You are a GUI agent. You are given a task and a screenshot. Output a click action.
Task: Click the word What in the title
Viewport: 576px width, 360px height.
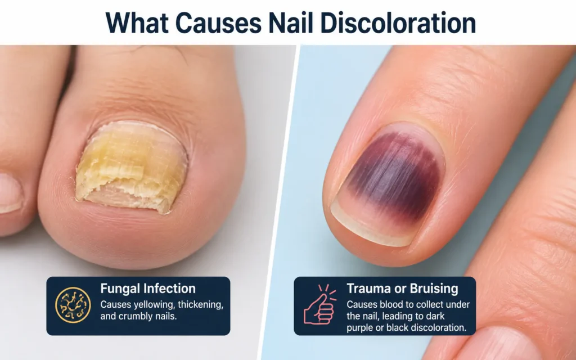(137, 22)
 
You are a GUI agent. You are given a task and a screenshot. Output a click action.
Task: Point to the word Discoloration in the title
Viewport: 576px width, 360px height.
(398, 22)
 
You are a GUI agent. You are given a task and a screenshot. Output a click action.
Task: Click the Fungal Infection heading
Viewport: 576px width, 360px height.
(148, 289)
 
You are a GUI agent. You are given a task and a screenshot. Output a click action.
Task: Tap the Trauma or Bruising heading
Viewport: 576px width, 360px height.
(402, 289)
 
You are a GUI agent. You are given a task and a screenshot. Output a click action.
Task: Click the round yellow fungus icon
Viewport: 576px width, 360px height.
(73, 305)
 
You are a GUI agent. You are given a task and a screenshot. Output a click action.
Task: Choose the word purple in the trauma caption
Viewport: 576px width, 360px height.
(359, 328)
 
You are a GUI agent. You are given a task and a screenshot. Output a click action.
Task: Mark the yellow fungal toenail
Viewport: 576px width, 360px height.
(132, 167)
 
